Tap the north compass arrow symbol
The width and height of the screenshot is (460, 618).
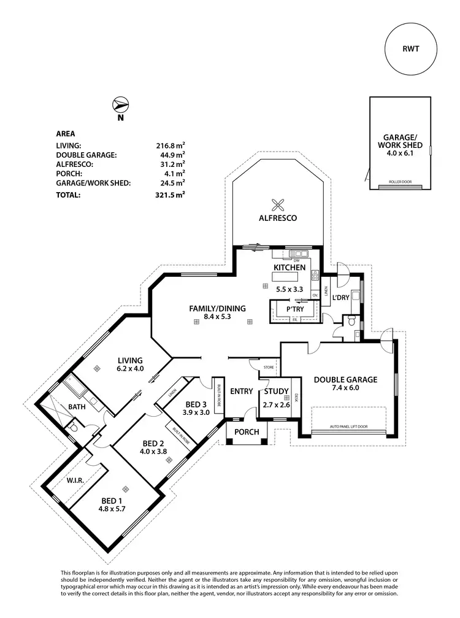(120, 105)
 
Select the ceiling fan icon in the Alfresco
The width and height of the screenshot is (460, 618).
(278, 205)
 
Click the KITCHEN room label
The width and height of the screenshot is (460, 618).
(289, 268)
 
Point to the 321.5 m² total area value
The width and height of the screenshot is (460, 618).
(171, 195)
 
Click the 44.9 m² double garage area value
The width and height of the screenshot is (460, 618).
(171, 155)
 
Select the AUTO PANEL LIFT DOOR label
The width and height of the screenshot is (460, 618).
(348, 426)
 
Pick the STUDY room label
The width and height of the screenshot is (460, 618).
(276, 392)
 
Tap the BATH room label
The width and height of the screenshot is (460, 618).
(77, 407)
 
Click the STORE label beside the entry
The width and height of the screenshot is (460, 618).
(268, 368)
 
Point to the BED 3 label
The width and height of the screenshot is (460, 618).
(196, 404)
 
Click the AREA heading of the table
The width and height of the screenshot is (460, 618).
(66, 133)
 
